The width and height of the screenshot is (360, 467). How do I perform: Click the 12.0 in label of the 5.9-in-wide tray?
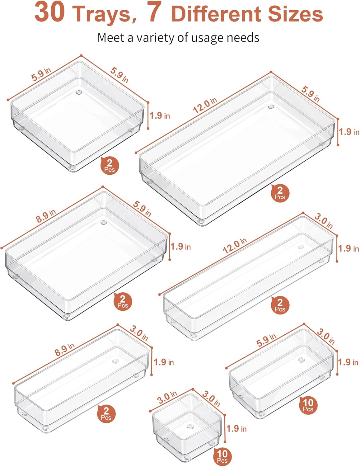click(205, 105)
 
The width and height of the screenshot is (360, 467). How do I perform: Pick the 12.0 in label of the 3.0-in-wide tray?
click(235, 246)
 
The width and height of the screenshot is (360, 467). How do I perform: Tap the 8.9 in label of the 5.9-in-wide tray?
click(46, 216)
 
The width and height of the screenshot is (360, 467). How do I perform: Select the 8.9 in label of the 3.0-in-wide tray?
click(64, 349)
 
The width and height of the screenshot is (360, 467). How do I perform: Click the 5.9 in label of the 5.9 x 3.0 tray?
click(266, 340)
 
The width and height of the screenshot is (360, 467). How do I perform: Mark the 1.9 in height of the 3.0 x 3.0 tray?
click(236, 428)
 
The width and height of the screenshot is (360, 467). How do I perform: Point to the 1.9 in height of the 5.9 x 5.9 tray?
click(160, 116)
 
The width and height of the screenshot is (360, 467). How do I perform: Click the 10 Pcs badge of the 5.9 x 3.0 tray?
click(308, 405)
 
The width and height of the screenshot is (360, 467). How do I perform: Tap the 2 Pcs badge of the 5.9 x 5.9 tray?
click(110, 165)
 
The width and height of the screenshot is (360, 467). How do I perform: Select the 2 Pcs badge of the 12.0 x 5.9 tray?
click(280, 193)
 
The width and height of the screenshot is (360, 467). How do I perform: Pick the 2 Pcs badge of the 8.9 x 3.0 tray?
click(106, 414)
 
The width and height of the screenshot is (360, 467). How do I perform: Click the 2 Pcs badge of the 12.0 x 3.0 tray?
click(280, 305)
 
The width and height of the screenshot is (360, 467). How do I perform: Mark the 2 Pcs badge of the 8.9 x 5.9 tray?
click(123, 301)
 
